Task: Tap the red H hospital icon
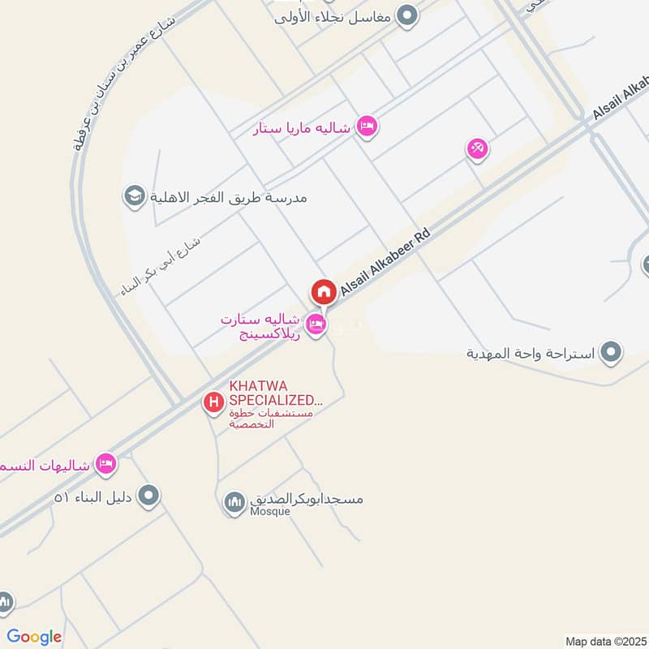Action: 213,401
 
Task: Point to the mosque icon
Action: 234,503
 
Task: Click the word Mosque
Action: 270,512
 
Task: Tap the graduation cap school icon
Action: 133,196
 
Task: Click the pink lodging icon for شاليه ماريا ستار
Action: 367,127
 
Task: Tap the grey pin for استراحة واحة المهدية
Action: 612,353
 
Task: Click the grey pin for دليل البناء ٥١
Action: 148,495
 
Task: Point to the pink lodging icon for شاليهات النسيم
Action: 105,464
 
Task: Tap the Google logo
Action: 33,637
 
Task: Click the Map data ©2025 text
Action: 604,641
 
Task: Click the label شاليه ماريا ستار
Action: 302,128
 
